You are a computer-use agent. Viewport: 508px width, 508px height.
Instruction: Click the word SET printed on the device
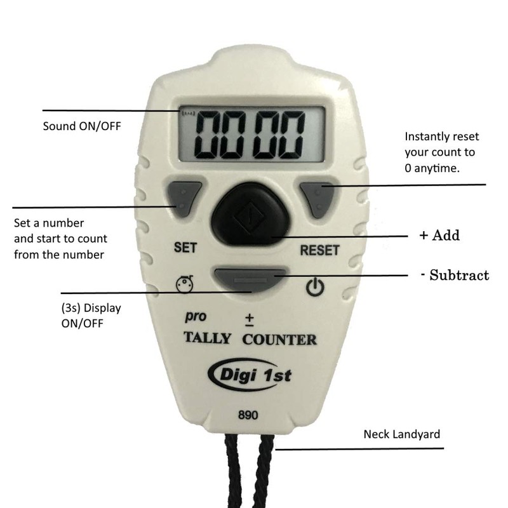(184, 248)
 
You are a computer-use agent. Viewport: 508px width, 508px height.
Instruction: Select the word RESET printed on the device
(319, 249)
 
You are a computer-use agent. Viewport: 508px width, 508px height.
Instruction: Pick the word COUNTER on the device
(279, 339)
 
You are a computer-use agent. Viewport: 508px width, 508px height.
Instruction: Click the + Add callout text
(438, 236)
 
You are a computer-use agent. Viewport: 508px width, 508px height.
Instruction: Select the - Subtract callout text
(454, 276)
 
